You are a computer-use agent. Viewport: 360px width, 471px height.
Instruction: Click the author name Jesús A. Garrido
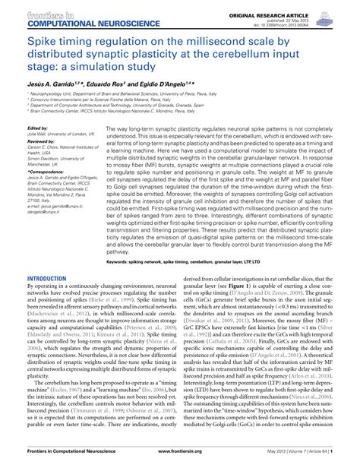[51, 81]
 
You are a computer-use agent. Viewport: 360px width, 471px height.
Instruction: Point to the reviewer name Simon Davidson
[46, 159]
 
